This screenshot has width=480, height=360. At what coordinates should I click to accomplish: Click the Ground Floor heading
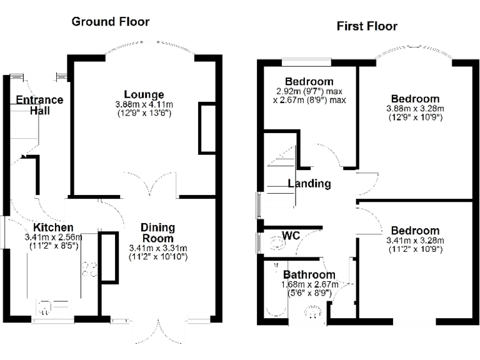point(111,22)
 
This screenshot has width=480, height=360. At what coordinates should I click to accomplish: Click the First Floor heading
point(367,26)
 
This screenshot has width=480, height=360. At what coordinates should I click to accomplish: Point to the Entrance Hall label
point(39,105)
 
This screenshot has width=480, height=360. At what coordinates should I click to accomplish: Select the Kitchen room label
point(53,227)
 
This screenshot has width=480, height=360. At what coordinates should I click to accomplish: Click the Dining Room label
point(157,232)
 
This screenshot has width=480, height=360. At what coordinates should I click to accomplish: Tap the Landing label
point(309,184)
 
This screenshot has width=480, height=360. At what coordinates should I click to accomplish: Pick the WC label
point(291,236)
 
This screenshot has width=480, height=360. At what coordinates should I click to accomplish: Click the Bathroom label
point(309,274)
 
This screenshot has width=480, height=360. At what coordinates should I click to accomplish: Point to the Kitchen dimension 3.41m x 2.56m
point(53,237)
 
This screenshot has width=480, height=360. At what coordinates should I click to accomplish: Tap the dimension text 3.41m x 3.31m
point(157,247)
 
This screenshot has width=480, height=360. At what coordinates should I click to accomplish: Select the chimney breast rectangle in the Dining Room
point(109,256)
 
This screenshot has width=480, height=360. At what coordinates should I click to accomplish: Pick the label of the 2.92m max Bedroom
point(309,82)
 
